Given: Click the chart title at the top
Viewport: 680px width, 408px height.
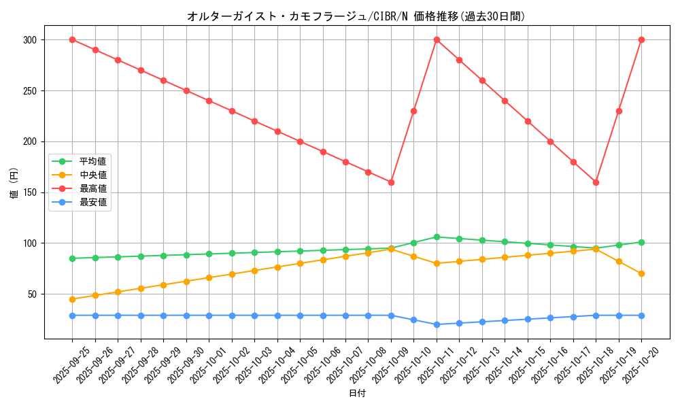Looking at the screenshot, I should click(x=356, y=16).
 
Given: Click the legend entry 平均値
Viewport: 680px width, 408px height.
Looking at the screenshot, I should click(x=92, y=161).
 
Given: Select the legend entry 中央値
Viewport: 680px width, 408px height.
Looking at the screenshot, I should click(x=92, y=175).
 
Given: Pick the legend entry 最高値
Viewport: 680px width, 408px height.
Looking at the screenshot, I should click(x=92, y=188).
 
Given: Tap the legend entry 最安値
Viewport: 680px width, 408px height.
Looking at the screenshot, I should click(x=92, y=202).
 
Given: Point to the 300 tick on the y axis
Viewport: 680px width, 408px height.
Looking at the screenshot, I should click(x=29, y=40).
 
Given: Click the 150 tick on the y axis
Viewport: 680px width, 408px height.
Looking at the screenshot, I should click(x=29, y=192).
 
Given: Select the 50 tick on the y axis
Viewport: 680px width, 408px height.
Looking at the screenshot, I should click(x=32, y=294).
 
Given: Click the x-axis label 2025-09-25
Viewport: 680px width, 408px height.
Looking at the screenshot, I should click(x=72, y=364).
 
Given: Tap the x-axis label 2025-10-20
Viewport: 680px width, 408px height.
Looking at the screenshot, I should click(x=641, y=364).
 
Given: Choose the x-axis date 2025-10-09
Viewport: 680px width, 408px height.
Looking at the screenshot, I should click(x=391, y=364).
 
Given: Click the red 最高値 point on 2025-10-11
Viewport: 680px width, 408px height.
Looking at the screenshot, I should click(x=437, y=39).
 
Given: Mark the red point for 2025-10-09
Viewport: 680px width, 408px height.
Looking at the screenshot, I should click(x=391, y=182).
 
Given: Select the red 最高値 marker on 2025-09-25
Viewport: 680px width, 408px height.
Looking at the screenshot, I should click(x=72, y=39).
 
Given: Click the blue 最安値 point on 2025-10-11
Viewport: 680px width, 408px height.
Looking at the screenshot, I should click(x=437, y=324).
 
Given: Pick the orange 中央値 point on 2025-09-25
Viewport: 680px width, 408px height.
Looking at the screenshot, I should click(x=72, y=299).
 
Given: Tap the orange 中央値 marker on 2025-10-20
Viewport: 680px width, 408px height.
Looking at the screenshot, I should click(x=641, y=273).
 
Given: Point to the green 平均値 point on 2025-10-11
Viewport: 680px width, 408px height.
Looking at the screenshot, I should click(x=437, y=237).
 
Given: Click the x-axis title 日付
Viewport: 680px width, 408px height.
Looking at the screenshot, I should click(x=357, y=394).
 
